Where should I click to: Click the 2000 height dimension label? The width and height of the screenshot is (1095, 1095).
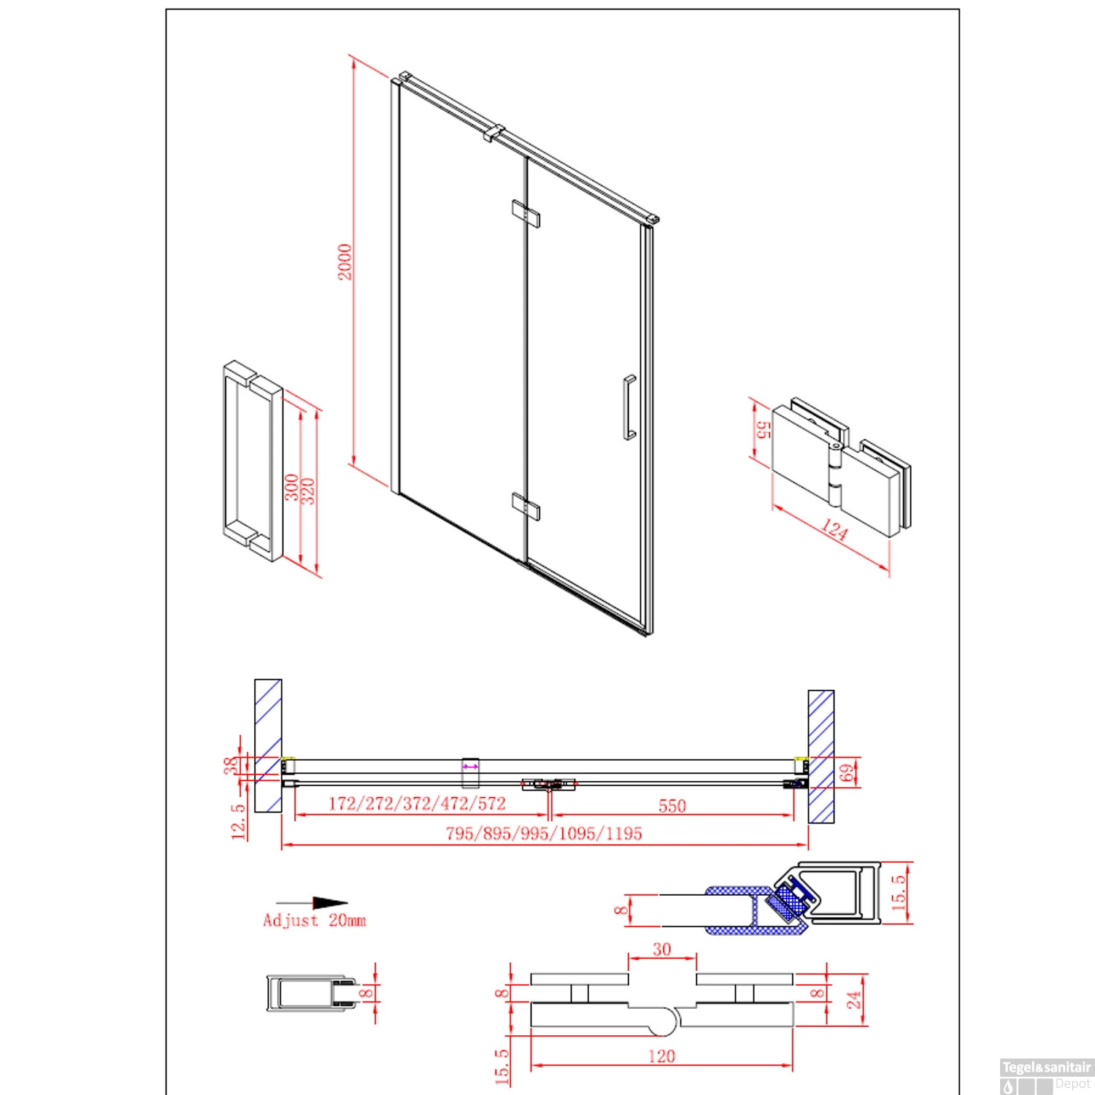[345, 261]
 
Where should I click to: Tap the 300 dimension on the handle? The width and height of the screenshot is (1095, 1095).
[291, 488]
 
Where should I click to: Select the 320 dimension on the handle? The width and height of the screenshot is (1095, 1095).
[307, 491]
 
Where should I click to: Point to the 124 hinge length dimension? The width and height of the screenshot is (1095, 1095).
[833, 531]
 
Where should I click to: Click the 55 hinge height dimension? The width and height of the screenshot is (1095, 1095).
[764, 429]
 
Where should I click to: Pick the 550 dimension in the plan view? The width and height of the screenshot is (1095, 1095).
[672, 805]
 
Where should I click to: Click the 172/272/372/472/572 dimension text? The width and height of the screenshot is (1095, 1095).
[417, 804]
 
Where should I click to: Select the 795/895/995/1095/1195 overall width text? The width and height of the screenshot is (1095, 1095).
[544, 833]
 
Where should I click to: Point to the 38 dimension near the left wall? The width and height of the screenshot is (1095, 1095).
[231, 766]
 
